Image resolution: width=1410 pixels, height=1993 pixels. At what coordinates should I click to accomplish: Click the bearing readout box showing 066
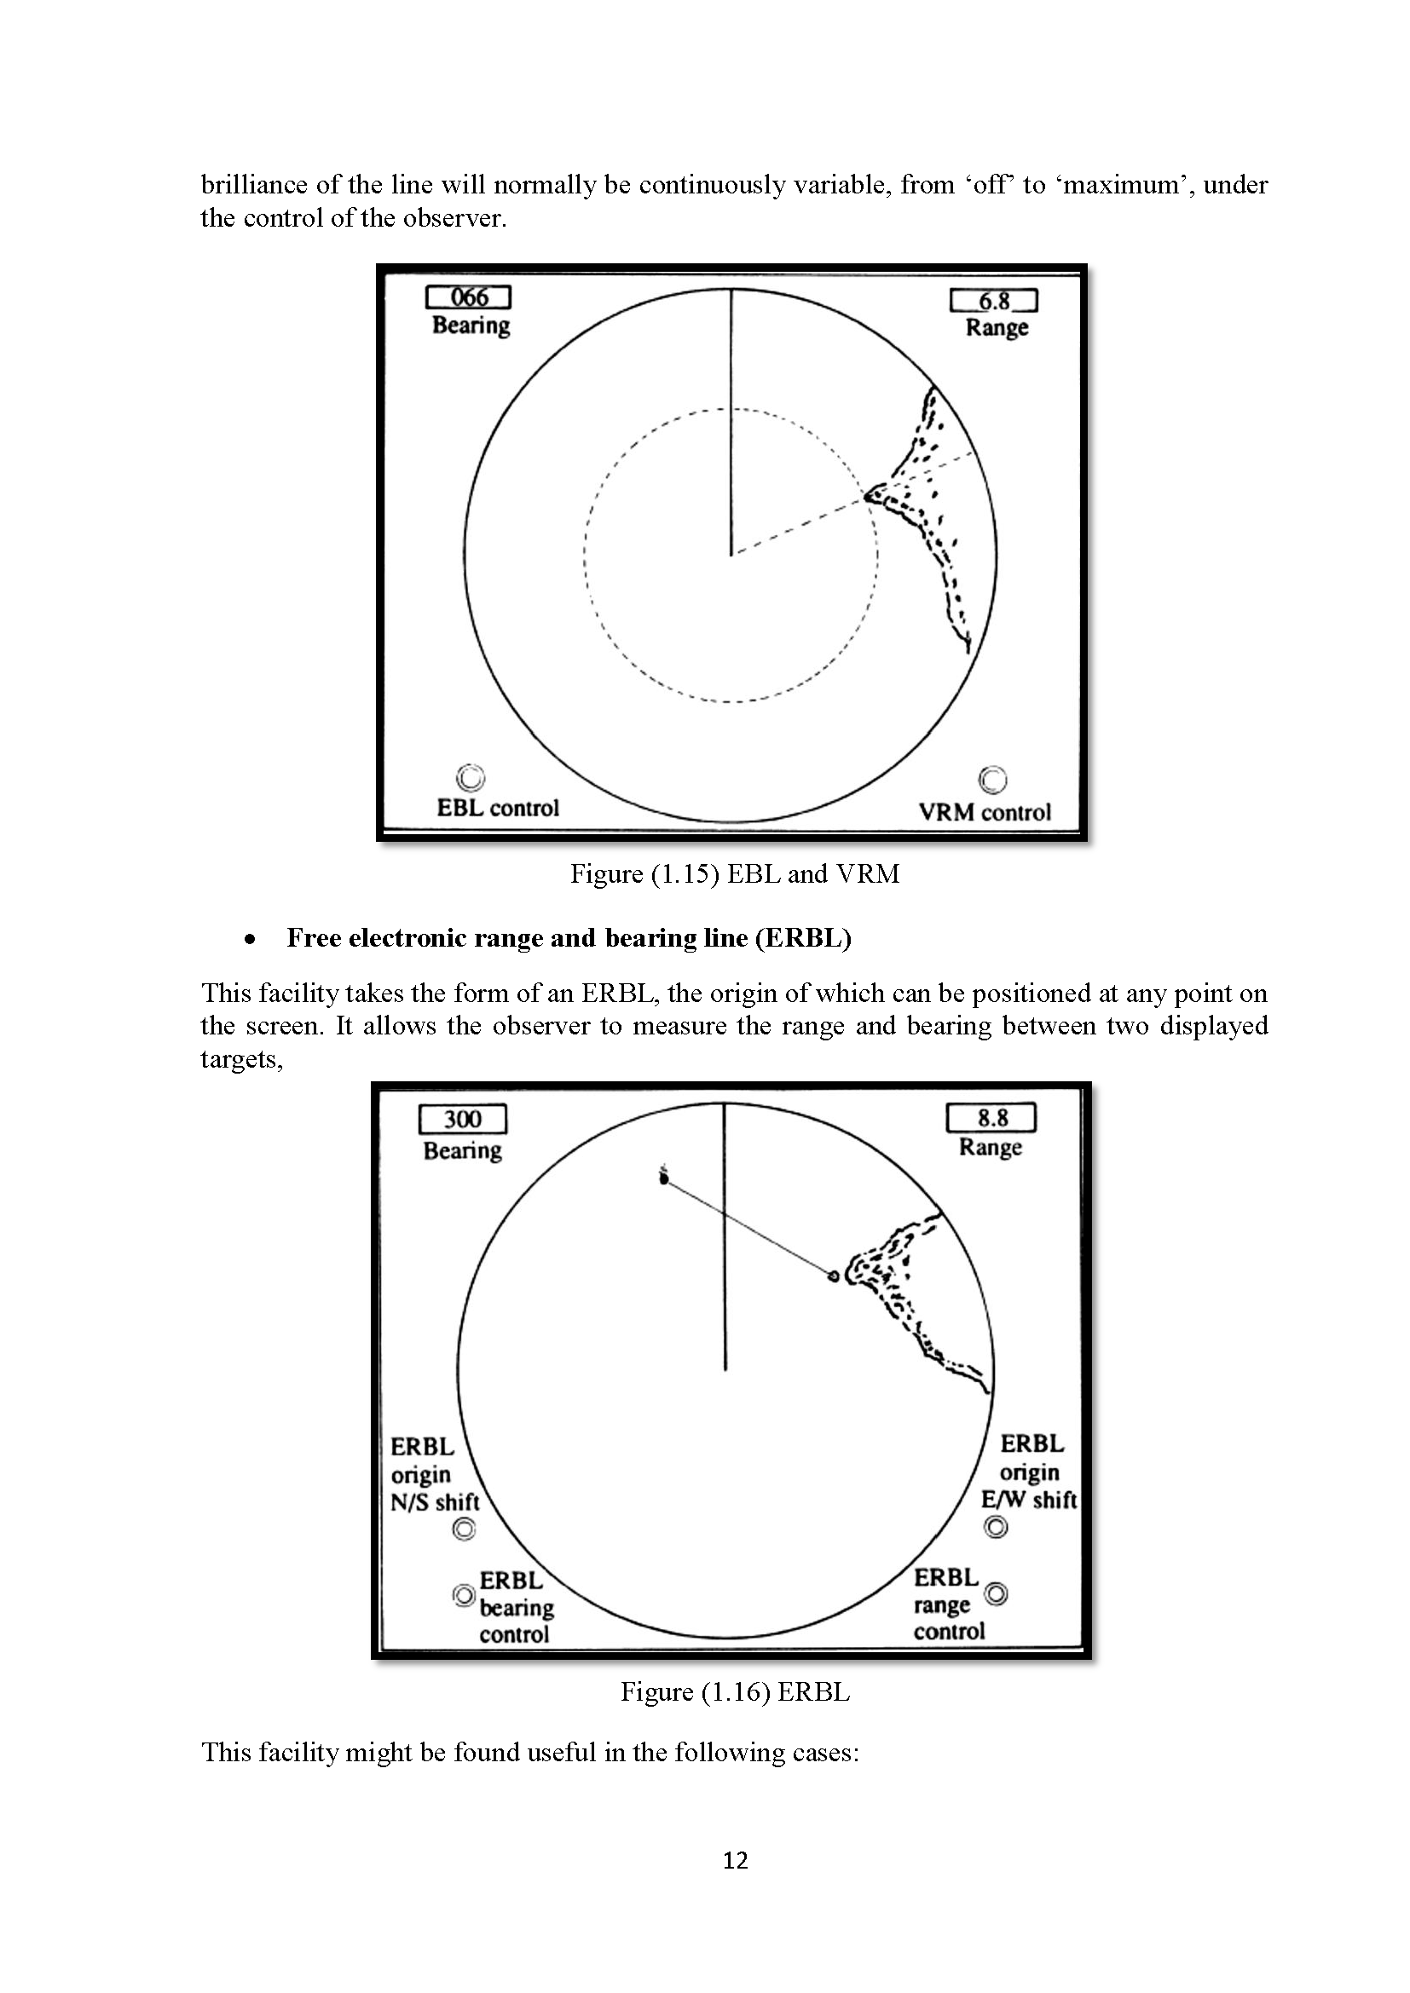468,297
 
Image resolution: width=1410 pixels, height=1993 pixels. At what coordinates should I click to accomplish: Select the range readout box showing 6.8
993,301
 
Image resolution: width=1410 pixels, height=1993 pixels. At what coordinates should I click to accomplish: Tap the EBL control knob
470,778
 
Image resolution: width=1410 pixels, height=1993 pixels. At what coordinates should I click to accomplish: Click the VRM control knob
992,780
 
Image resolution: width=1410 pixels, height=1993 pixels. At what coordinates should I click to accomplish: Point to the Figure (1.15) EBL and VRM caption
735,873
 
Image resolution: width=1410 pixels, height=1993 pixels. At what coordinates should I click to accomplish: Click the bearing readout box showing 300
462,1119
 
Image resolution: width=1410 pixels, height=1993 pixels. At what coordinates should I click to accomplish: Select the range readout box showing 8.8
991,1118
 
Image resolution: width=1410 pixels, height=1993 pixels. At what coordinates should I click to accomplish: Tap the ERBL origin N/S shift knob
465,1529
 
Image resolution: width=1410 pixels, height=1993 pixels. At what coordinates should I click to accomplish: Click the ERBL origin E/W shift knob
996,1527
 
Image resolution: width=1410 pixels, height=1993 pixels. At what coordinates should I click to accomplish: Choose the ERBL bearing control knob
465,1595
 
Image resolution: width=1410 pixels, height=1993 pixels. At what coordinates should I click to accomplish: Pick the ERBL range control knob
997,1593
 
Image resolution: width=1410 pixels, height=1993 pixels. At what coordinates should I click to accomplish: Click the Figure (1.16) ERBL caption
735,1692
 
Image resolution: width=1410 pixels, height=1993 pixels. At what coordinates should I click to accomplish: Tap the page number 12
735,1860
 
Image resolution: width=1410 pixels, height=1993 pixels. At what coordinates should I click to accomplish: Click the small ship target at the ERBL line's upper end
664,1178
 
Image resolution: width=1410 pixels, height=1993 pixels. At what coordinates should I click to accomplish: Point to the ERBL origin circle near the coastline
834,1276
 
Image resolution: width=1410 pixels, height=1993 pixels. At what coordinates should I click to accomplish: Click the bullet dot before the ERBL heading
250,939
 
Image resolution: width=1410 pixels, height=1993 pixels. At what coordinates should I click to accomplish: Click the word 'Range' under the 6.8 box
997,328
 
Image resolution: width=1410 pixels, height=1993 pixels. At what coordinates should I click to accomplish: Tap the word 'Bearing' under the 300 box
462,1151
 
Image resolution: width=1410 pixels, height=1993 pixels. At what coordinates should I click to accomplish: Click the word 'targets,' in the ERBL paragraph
241,1060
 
